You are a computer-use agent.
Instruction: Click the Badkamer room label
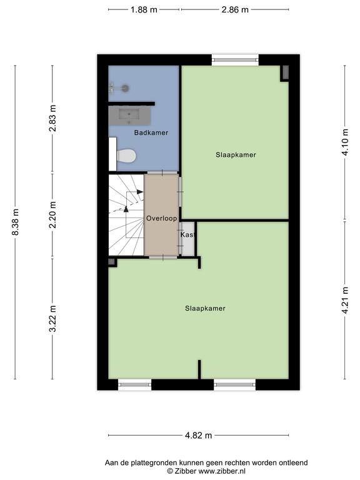pyautogui.click(x=151, y=132)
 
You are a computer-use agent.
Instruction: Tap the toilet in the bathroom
pyautogui.click(x=126, y=156)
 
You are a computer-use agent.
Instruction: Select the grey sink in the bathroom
pyautogui.click(x=129, y=115)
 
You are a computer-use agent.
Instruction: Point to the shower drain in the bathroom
pyautogui.click(x=124, y=88)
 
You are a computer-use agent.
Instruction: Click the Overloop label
pyautogui.click(x=161, y=218)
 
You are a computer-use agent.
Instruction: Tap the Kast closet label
pyautogui.click(x=187, y=234)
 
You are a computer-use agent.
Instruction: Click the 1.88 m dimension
pyautogui.click(x=144, y=10)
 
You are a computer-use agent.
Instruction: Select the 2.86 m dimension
pyautogui.click(x=235, y=10)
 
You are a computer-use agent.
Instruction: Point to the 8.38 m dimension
pyautogui.click(x=15, y=222)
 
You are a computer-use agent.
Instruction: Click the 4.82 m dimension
pyautogui.click(x=198, y=435)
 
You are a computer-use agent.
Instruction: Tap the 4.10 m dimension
pyautogui.click(x=345, y=142)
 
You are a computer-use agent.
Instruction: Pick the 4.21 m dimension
pyautogui.click(x=345, y=300)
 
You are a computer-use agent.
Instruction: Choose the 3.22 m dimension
pyautogui.click(x=52, y=318)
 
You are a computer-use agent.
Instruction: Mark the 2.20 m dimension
pyautogui.click(x=52, y=215)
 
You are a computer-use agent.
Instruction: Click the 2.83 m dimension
pyautogui.click(x=52, y=118)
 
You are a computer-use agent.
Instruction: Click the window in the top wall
pyautogui.click(x=235, y=60)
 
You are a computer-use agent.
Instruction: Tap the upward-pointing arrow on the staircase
pyautogui.click(x=126, y=209)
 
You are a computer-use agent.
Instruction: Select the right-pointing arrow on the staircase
pyautogui.click(x=140, y=192)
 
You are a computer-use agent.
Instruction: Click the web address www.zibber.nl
pyautogui.click(x=222, y=471)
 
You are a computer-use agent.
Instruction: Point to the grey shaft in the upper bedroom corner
pyautogui.click(x=285, y=72)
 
